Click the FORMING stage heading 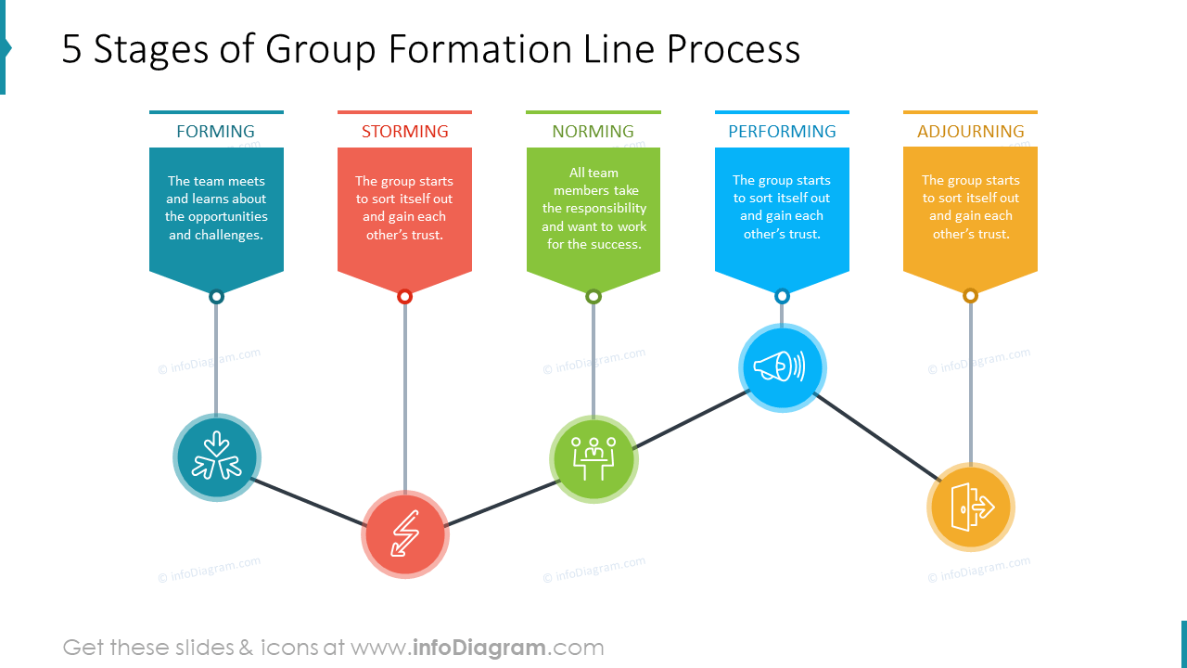tap(215, 132)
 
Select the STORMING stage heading tap(404, 132)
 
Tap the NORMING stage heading tap(593, 132)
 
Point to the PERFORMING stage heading tap(782, 132)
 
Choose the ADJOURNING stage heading tap(971, 132)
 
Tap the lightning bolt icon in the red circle tap(404, 533)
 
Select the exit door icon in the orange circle tap(971, 507)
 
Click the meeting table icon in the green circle tap(593, 458)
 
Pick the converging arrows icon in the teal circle tap(216, 456)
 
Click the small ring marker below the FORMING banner tap(216, 297)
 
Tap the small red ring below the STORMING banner tap(404, 297)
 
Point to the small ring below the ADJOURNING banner tap(971, 296)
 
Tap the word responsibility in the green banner tap(594, 208)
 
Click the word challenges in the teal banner tap(228, 235)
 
